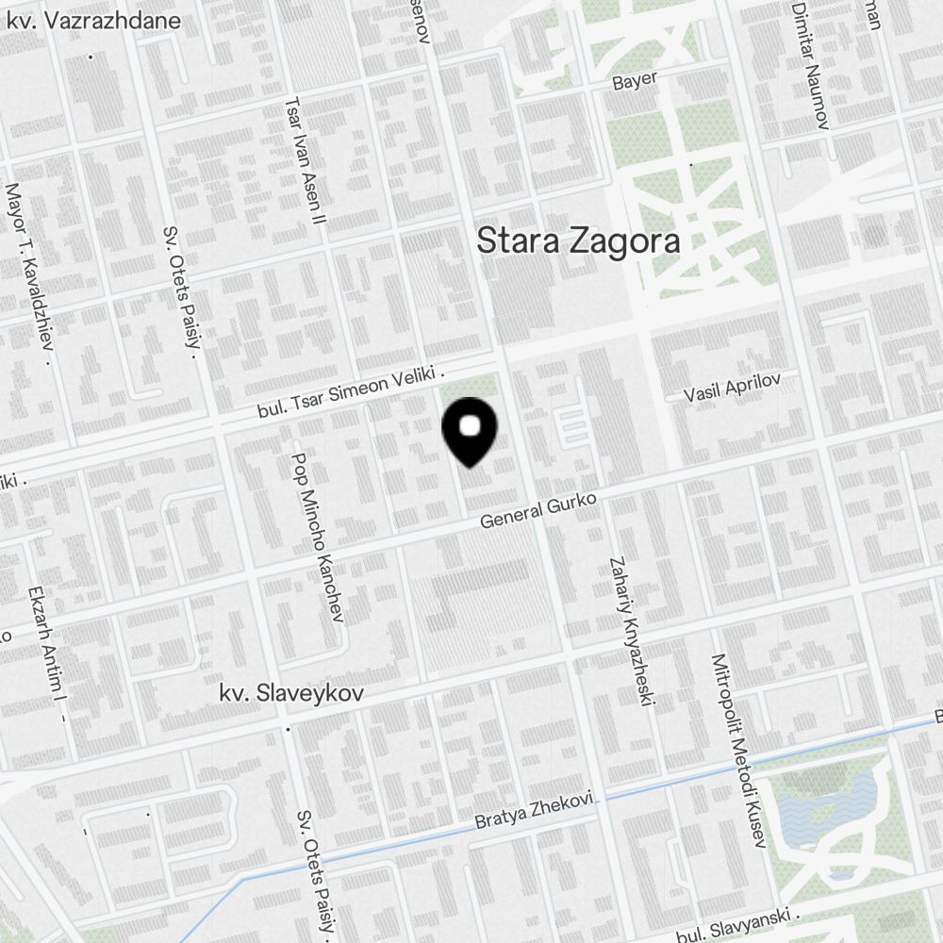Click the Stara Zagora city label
click(x=578, y=240)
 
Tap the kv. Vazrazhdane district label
click(x=93, y=20)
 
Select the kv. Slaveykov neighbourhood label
click(x=278, y=694)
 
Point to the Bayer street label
click(x=635, y=81)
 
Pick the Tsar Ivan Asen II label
click(x=306, y=159)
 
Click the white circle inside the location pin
click(x=470, y=427)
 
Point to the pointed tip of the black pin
click(x=470, y=466)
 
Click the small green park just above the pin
click(x=471, y=387)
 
